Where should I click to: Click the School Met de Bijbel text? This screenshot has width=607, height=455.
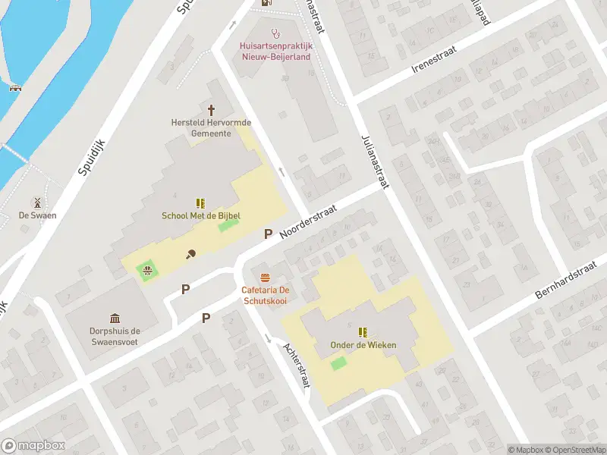(x=201, y=216)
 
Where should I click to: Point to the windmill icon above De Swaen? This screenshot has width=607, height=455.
(x=34, y=202)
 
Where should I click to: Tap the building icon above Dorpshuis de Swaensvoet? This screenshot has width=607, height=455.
(x=115, y=318)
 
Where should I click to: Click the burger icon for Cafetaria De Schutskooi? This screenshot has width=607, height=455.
(x=265, y=277)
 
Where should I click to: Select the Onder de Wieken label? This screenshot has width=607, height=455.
(x=363, y=346)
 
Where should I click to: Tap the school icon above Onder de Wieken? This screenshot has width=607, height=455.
(x=363, y=331)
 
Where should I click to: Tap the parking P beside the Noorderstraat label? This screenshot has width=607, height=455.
(x=267, y=234)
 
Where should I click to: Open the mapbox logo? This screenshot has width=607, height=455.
(x=33, y=445)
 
